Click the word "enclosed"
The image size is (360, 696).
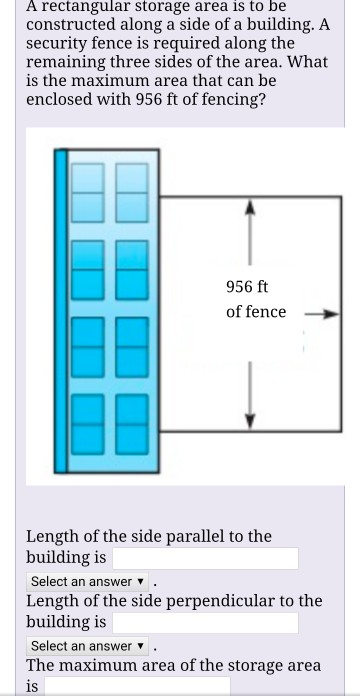(62, 100)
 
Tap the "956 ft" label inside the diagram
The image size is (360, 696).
(247, 286)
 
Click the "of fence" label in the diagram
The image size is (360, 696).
(256, 312)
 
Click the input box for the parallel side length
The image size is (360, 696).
(205, 558)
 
